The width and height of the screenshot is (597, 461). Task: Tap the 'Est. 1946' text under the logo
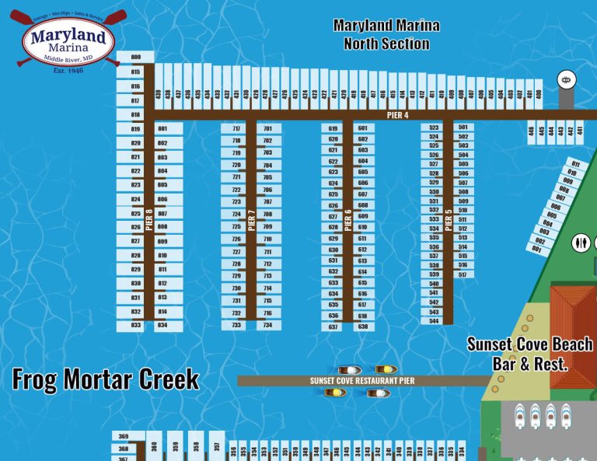click(68, 71)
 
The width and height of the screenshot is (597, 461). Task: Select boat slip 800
click(136, 58)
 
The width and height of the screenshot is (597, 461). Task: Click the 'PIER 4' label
click(397, 115)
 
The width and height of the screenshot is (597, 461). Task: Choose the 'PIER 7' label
click(251, 220)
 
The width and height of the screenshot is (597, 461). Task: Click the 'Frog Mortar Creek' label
click(106, 379)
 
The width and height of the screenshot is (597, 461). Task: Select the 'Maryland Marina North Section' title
click(386, 34)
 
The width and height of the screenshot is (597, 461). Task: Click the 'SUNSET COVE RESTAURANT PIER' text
click(362, 381)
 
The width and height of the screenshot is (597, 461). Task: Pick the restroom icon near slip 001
click(580, 243)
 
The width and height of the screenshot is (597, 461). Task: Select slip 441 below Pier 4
click(579, 131)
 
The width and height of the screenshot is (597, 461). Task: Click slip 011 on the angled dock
click(575, 164)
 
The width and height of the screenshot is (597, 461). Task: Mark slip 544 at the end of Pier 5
click(434, 320)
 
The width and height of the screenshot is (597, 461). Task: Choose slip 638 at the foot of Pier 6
click(362, 327)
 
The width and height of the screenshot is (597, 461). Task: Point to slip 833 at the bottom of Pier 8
click(136, 326)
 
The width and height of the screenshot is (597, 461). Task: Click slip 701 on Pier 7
click(267, 129)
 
